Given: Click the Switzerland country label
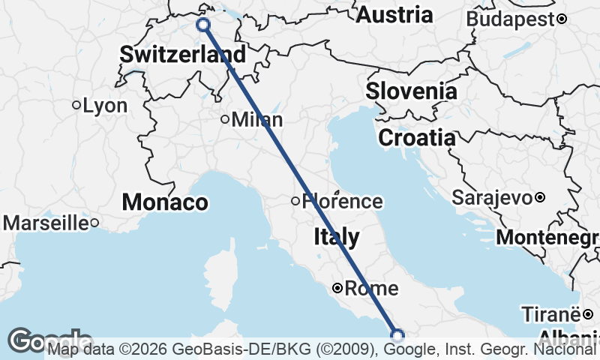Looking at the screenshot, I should pyautogui.click(x=182, y=54).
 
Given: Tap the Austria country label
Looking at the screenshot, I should pyautogui.click(x=394, y=14).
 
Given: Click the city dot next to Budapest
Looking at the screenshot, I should pyautogui.click(x=561, y=19).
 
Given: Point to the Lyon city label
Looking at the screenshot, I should pyautogui.click(x=105, y=106).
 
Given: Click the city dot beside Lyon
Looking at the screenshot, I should pyautogui.click(x=76, y=106).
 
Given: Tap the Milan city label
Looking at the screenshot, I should pyautogui.click(x=257, y=119).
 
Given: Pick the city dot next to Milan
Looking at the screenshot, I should pyautogui.click(x=224, y=119).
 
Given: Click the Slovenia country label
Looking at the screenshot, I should pyautogui.click(x=411, y=91).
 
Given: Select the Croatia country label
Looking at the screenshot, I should pyautogui.click(x=416, y=138).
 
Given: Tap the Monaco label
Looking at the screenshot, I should pyautogui.click(x=165, y=202).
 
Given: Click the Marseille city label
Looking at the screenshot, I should pyautogui.click(x=46, y=223).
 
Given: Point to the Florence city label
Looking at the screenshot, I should pyautogui.click(x=342, y=201).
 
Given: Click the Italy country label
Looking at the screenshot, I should pyautogui.click(x=335, y=238).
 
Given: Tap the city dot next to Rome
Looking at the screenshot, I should pyautogui.click(x=337, y=288).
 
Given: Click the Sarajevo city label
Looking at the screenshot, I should pyautogui.click(x=493, y=198).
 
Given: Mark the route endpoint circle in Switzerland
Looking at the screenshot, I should pyautogui.click(x=203, y=25).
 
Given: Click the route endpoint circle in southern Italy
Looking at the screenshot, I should pyautogui.click(x=397, y=334).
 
